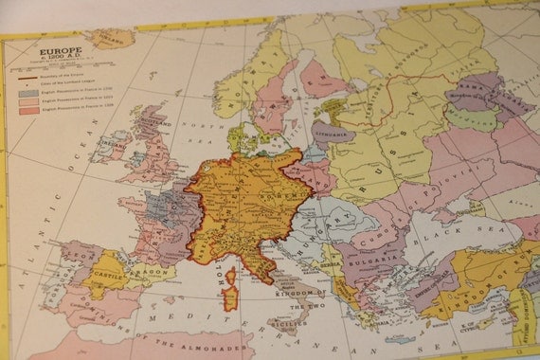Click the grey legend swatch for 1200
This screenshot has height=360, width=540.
[27, 94]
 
